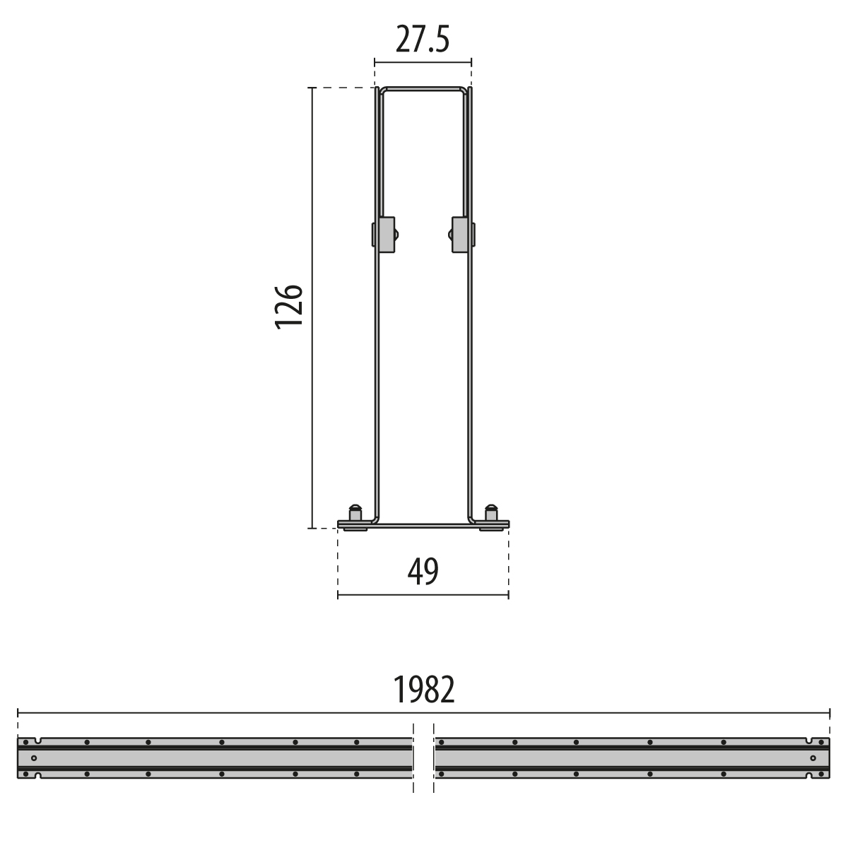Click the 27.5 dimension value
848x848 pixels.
click(x=423, y=40)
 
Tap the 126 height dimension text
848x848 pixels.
click(x=289, y=307)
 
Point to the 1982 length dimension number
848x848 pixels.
click(x=424, y=690)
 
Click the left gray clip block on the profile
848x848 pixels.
click(x=387, y=235)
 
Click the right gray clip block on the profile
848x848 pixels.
click(x=460, y=235)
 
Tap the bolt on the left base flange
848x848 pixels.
click(x=355, y=513)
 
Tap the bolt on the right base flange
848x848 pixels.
click(x=491, y=513)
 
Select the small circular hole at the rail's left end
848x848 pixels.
click(x=34, y=758)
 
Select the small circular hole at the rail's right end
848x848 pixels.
click(x=813, y=758)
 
